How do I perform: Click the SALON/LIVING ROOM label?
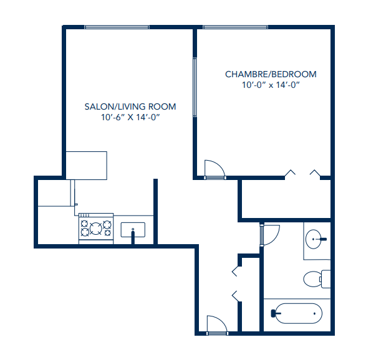pyautogui.click(x=130, y=107)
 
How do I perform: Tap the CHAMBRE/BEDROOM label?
pyautogui.click(x=271, y=74)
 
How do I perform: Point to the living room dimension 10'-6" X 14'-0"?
pyautogui.click(x=130, y=117)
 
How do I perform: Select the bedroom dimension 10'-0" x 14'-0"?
pyautogui.click(x=271, y=85)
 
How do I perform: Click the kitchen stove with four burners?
pyautogui.click(x=95, y=228)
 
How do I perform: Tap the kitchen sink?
pyautogui.click(x=132, y=230)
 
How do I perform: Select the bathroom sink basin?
pyautogui.click(x=317, y=238)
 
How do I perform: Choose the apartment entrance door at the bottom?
pyautogui.click(x=216, y=324)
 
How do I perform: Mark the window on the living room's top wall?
pyautogui.click(x=117, y=27)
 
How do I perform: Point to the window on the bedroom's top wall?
pyautogui.click(x=235, y=27)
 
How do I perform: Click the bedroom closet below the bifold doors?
pyautogui.click(x=286, y=199)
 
